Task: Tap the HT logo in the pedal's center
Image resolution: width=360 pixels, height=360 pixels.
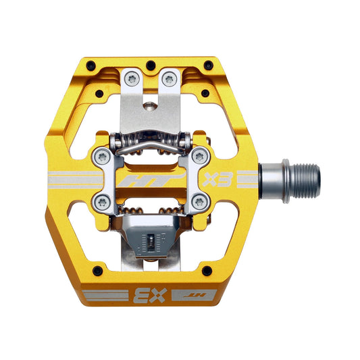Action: pos(150,181)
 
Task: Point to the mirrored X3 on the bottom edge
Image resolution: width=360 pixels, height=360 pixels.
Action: pos(141,294)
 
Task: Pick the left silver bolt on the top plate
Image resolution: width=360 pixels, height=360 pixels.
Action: pos(132,80)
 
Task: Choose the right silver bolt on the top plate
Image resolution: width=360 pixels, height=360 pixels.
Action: pos(168,80)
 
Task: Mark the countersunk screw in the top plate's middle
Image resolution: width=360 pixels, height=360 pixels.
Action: pos(150,105)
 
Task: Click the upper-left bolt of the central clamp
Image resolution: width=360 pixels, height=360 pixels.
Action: pos(101,157)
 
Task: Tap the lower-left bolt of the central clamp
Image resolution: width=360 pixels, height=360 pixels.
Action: pos(101,201)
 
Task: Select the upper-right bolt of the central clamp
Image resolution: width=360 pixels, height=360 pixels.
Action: pos(199,157)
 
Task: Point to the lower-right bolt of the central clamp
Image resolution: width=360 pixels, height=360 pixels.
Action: pos(199,201)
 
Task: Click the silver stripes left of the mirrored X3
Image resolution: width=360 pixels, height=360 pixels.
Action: pos(105,295)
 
